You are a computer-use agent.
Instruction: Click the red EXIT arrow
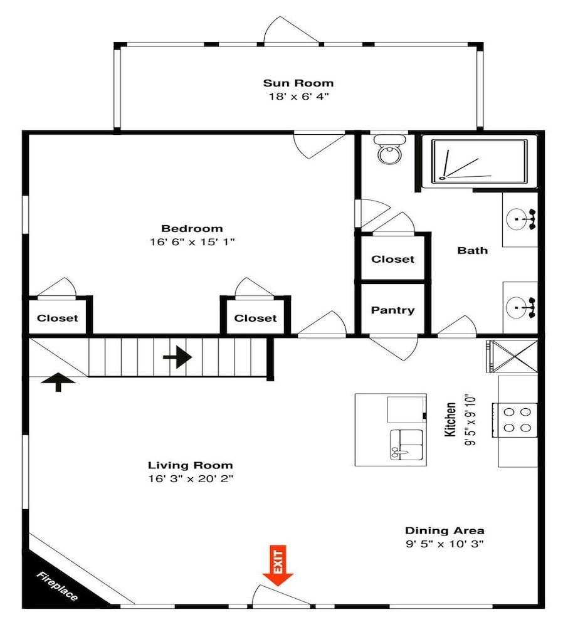point(278,566)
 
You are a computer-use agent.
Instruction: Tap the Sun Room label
point(298,83)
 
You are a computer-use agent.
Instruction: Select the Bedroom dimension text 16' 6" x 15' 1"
point(192,242)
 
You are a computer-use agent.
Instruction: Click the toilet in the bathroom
point(388,150)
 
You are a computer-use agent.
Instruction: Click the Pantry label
point(392,310)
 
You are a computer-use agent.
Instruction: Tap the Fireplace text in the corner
point(57,586)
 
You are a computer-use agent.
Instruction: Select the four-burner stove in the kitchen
point(515,420)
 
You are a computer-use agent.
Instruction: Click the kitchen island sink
point(406,445)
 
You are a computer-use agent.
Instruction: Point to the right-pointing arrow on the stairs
point(177,357)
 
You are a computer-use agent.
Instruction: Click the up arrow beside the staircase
point(58,381)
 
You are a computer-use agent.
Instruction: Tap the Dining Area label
point(445,530)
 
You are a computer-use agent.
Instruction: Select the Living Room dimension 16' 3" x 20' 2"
point(191,478)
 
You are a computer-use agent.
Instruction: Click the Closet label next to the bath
point(392,259)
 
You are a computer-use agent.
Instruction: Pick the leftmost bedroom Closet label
point(57,319)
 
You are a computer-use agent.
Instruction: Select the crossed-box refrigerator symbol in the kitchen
point(512,356)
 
